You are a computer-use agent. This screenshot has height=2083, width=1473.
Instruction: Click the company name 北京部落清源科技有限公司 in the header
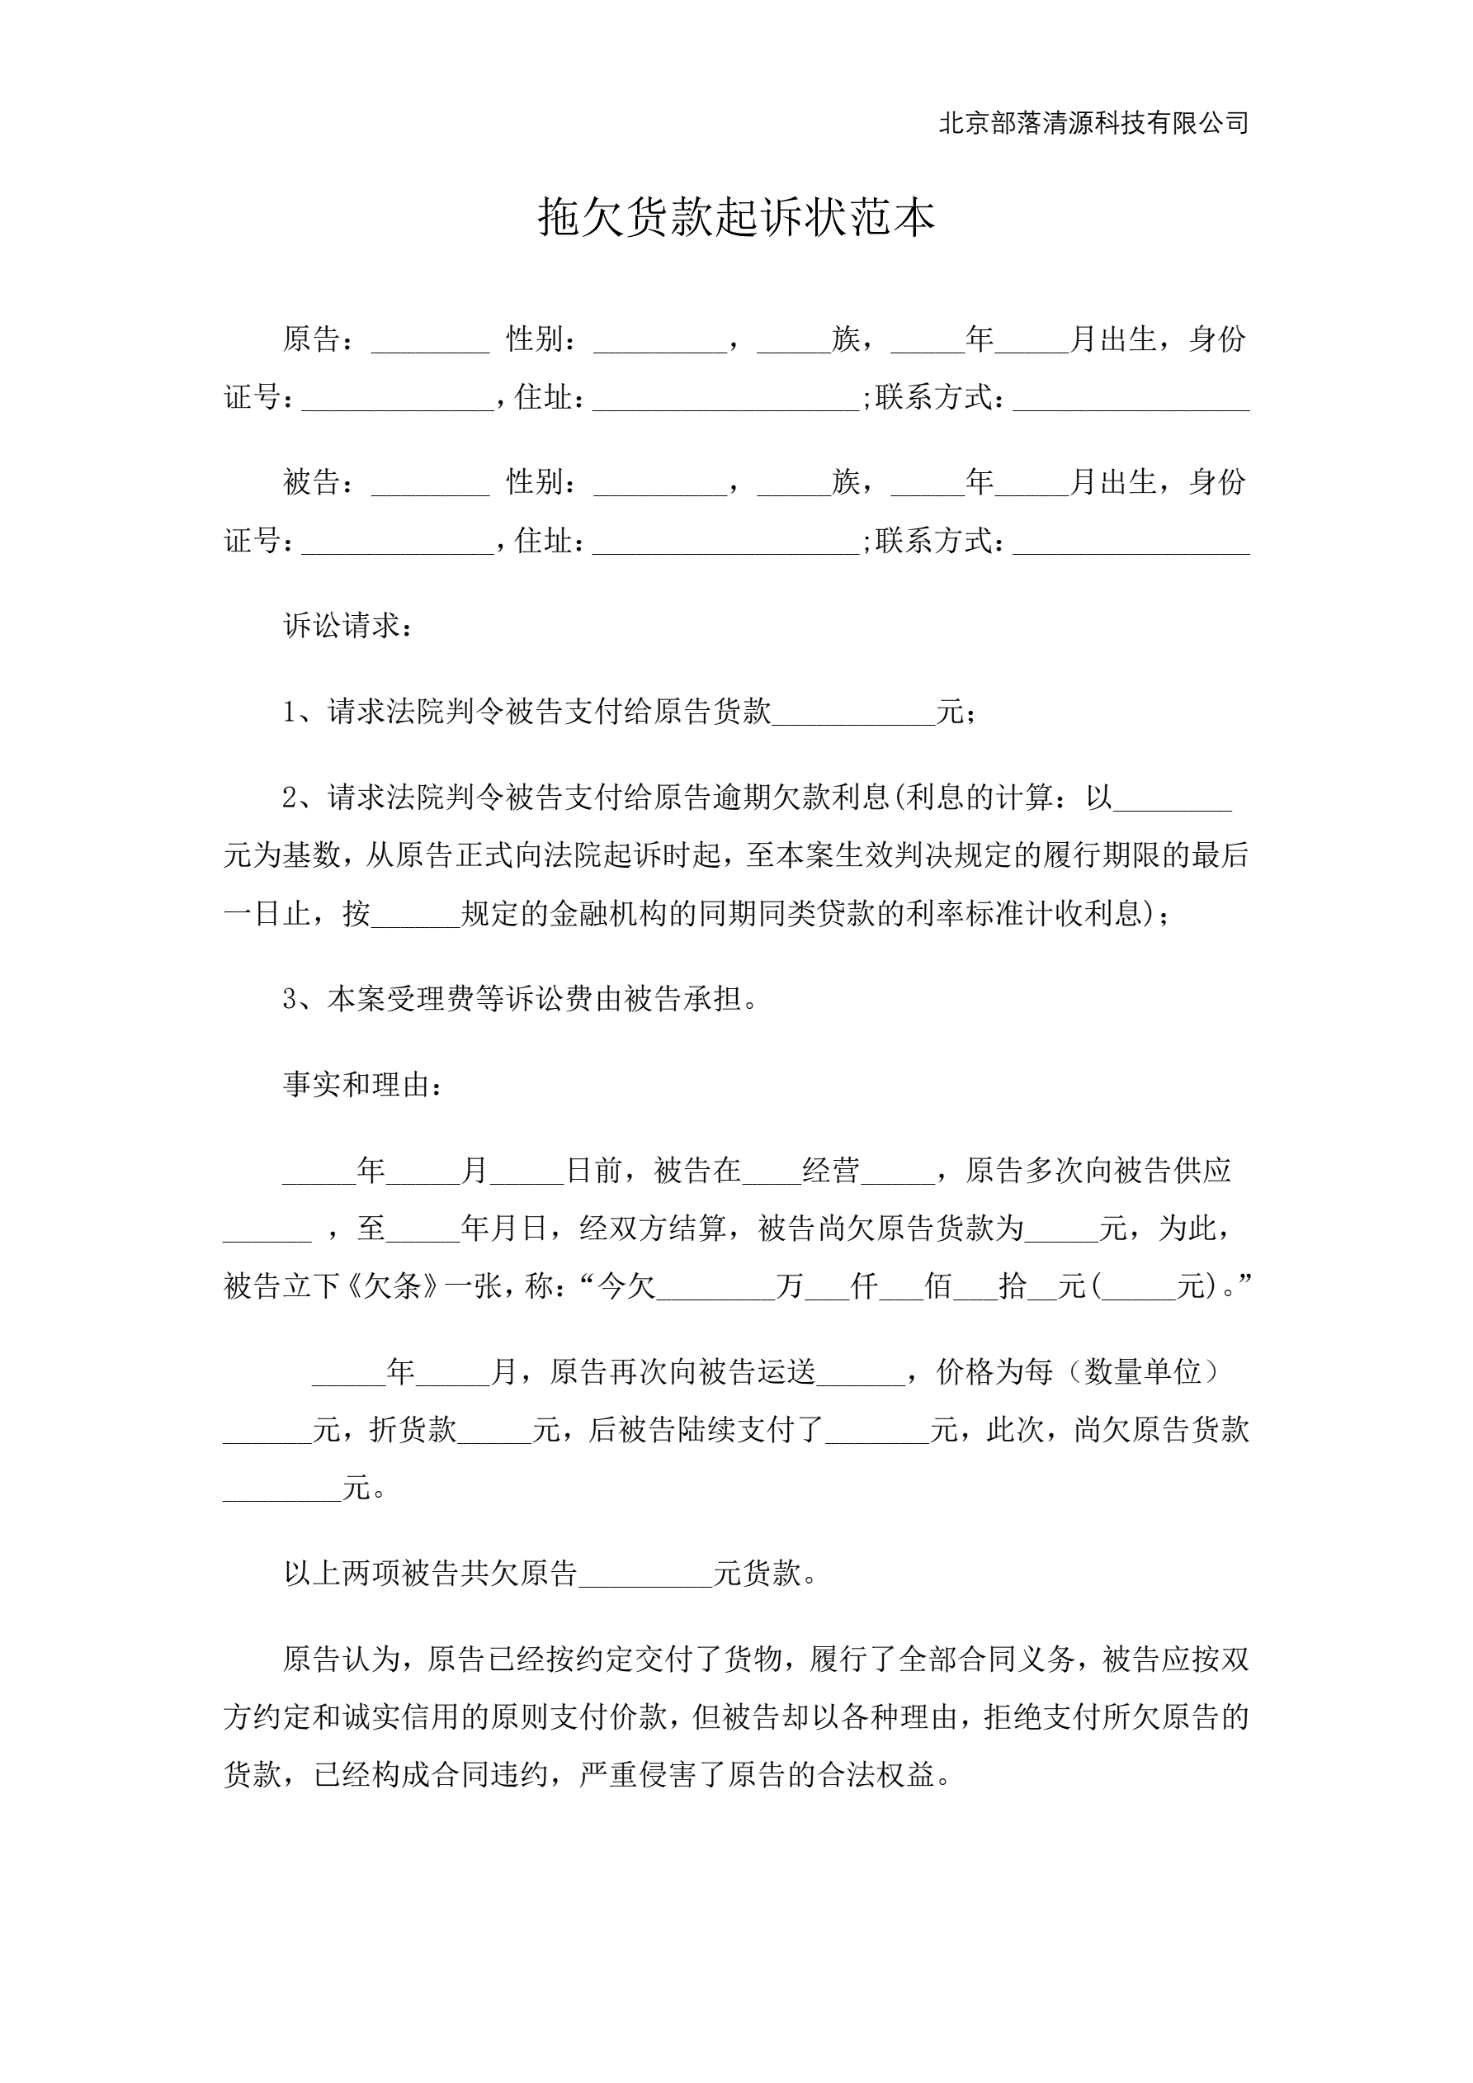coord(1093,122)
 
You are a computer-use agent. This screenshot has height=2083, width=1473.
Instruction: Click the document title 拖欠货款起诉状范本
coord(735,218)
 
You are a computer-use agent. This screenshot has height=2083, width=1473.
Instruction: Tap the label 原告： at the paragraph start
coord(319,339)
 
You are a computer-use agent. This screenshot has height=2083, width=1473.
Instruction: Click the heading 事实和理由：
coord(364,1084)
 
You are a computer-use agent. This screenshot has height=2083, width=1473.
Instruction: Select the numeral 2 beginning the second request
coord(290,798)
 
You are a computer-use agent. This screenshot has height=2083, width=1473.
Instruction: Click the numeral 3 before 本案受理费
coord(290,999)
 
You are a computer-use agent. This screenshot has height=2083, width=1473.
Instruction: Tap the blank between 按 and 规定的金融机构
coord(415,916)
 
